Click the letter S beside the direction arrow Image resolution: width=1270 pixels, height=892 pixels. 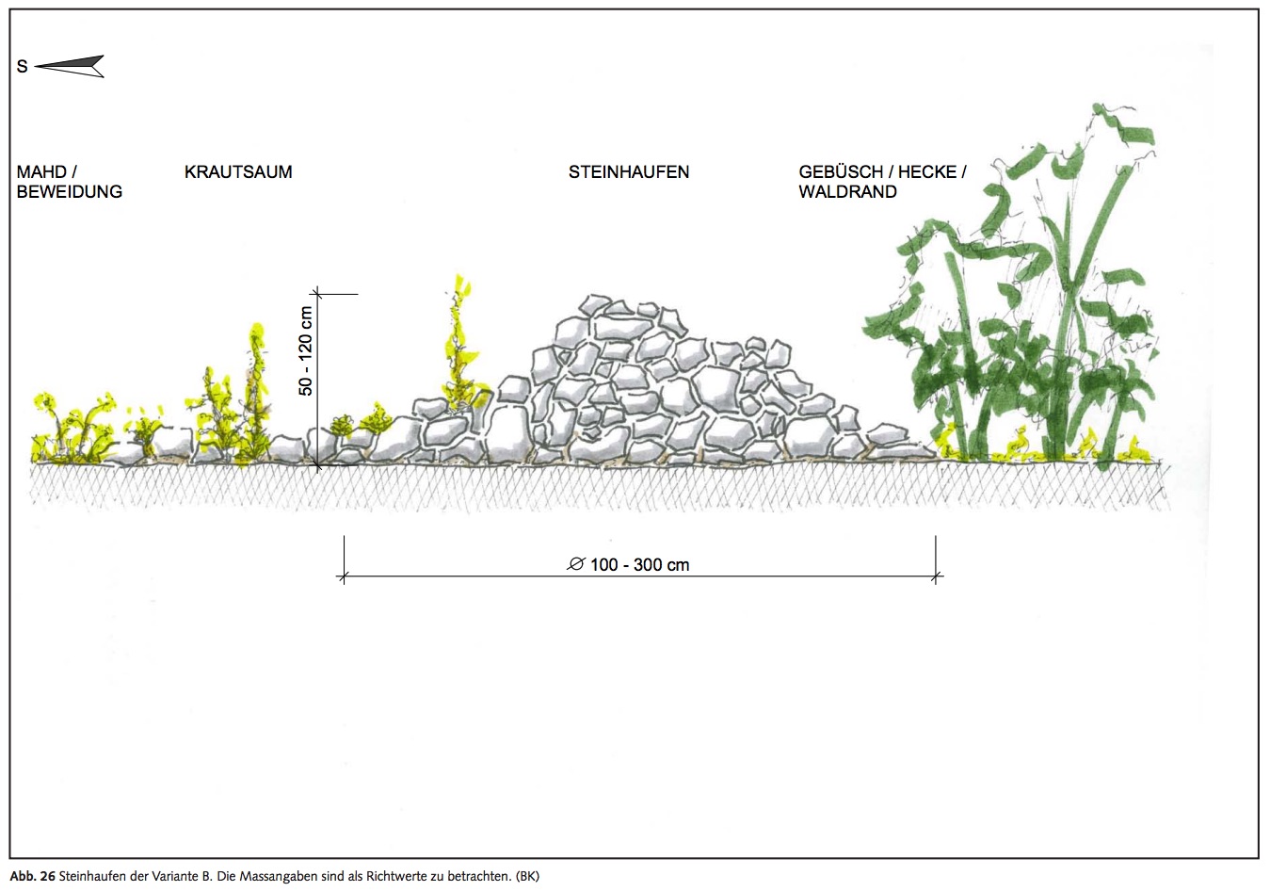pyautogui.click(x=22, y=67)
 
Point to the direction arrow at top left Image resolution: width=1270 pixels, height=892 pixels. pyautogui.click(x=72, y=66)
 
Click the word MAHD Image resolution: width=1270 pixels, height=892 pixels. pyautogui.click(x=41, y=172)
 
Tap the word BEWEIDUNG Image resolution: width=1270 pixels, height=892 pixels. pyautogui.click(x=70, y=192)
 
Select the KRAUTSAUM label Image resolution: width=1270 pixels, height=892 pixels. pyautogui.click(x=238, y=172)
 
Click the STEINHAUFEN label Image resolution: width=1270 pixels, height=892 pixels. pyautogui.click(x=629, y=172)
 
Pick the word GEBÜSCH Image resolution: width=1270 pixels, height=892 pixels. pyautogui.click(x=841, y=172)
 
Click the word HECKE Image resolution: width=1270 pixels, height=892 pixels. pyautogui.click(x=926, y=172)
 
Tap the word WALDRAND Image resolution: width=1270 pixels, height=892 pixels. pyautogui.click(x=847, y=192)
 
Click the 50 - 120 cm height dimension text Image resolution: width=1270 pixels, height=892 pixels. pyautogui.click(x=305, y=351)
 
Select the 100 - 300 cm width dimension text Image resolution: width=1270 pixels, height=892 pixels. pyautogui.click(x=640, y=565)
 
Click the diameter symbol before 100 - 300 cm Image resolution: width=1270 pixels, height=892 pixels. pyautogui.click(x=576, y=564)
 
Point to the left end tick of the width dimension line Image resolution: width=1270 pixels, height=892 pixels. pyautogui.click(x=344, y=576)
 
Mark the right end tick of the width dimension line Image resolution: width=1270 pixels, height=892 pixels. pyautogui.click(x=936, y=576)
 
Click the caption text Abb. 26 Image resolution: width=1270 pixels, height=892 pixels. pyautogui.click(x=32, y=876)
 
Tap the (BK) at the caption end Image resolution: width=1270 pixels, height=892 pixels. pyautogui.click(x=527, y=876)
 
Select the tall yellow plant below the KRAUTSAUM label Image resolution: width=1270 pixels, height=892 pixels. pyautogui.click(x=257, y=377)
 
